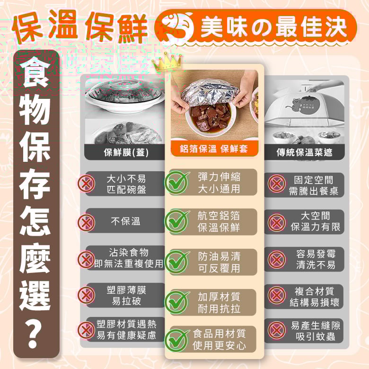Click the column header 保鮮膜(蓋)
coord(126,152)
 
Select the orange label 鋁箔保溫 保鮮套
coord(214,149)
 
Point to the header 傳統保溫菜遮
coord(304,152)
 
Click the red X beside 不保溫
coord(86,222)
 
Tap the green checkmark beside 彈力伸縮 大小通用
coord(176,183)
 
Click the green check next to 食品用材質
coord(176,340)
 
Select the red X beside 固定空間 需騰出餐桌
coord(277,184)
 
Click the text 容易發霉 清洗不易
coord(316,259)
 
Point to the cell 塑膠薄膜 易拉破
coord(126,295)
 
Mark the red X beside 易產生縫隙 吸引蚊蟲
coord(277,330)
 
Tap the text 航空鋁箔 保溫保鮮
coord(219,222)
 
